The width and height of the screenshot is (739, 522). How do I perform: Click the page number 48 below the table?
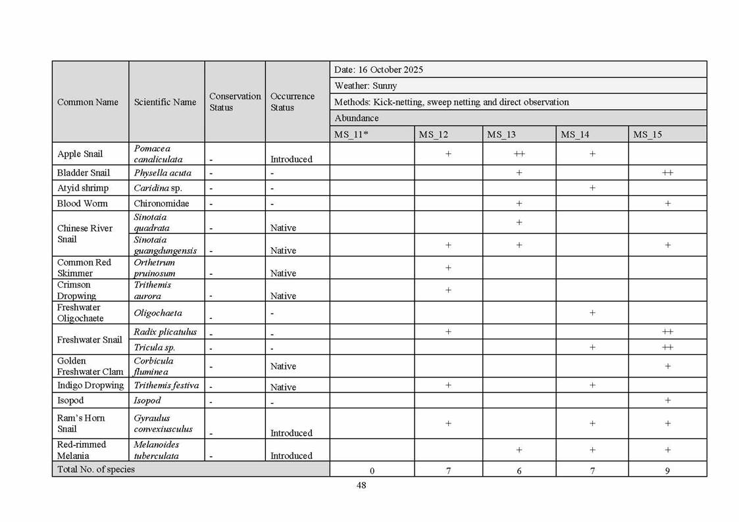361,485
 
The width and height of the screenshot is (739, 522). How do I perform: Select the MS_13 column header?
501,134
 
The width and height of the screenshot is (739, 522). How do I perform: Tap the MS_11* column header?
351,134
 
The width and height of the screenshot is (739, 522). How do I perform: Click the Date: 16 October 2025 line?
378,70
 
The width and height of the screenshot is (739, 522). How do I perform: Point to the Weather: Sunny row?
365,85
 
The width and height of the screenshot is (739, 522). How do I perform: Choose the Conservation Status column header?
235,102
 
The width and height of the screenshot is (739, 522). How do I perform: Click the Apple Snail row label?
80,154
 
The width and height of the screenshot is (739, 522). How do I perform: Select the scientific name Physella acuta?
163,173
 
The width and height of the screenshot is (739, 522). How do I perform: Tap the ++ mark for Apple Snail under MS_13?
519,154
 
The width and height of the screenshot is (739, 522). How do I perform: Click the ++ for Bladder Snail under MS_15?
667,173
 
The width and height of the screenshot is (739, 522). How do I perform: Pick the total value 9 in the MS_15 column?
667,471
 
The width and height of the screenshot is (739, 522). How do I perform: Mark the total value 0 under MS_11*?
372,471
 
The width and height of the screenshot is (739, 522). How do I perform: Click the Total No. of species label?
96,469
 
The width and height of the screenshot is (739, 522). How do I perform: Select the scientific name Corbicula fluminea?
153,366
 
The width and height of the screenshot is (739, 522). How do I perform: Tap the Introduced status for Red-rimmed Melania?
291,456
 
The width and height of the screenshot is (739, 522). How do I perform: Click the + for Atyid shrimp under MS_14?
592,188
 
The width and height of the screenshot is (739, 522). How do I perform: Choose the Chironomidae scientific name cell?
161,204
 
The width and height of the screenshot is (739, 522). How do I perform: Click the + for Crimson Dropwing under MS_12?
448,290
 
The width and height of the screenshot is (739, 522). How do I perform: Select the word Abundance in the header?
357,118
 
